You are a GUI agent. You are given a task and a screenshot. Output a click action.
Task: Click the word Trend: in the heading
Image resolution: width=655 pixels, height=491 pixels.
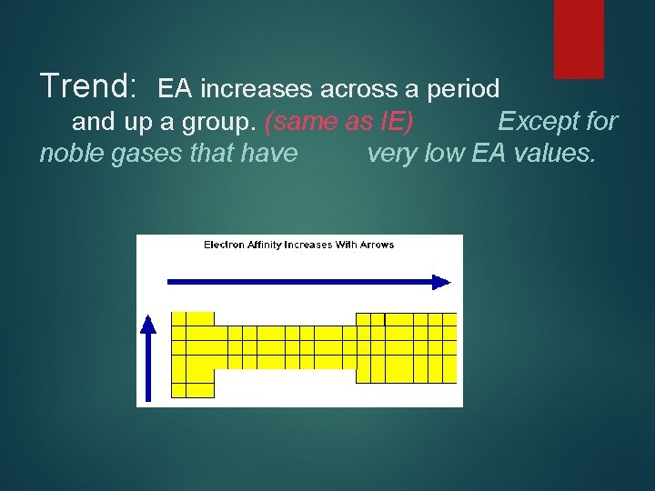tap(88, 86)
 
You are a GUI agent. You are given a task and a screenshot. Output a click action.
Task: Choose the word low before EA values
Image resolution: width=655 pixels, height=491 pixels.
tap(446, 153)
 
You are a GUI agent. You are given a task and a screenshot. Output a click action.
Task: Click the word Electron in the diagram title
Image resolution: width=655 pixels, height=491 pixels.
tap(223, 245)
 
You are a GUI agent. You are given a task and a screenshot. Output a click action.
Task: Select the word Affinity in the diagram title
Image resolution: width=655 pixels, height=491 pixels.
tap(265, 245)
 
